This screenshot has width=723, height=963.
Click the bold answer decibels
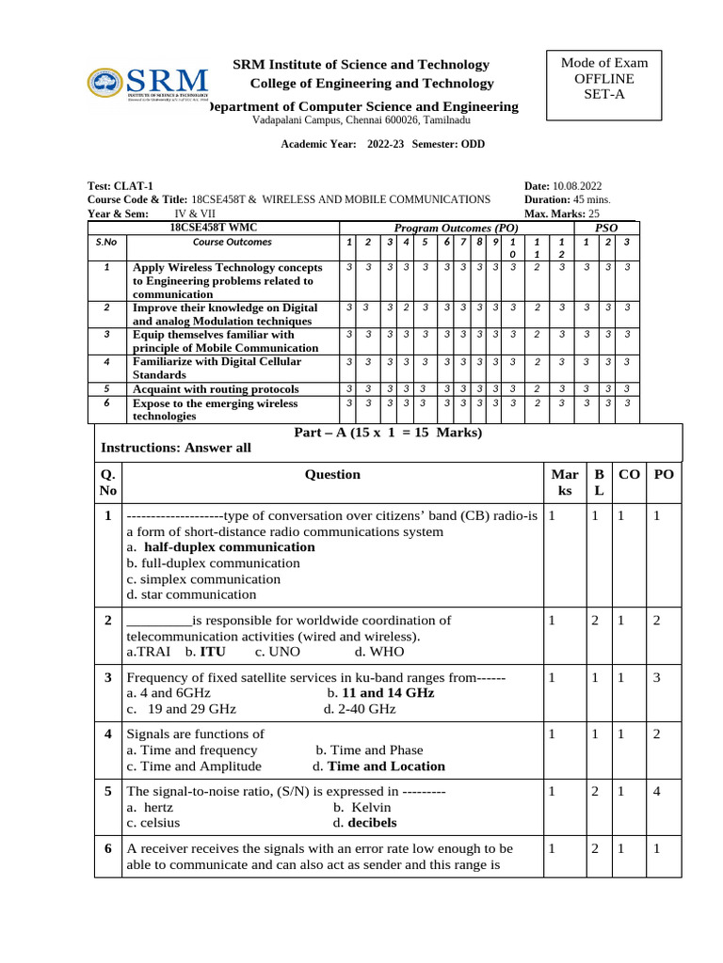372,822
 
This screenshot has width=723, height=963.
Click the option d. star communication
191,594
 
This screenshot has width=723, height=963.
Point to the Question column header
332,475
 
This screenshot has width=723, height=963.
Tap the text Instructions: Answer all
176,448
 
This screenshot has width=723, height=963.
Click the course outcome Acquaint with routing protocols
216,388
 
